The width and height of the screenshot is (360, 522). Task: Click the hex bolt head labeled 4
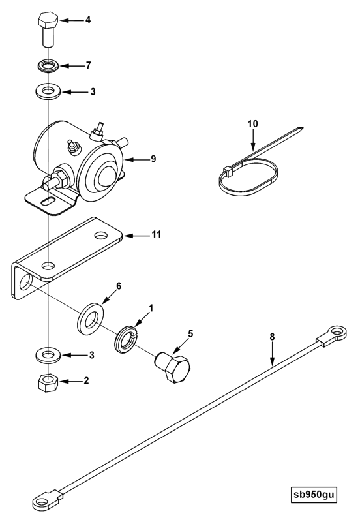coord(48,21)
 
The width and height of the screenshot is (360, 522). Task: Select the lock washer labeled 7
coord(48,65)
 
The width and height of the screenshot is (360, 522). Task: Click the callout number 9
coord(153,159)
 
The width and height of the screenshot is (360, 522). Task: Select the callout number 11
coord(157,235)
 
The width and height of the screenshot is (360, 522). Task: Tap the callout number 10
coord(253,124)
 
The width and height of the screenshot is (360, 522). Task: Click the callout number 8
coord(272,337)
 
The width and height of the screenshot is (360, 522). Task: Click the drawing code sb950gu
coord(313,495)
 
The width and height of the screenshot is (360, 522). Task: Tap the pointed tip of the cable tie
coord(302,127)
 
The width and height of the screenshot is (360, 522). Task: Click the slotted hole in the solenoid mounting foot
coord(48,201)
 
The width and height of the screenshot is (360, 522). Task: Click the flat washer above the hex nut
coord(48,354)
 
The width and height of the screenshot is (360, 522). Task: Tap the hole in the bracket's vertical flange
coord(25,283)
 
